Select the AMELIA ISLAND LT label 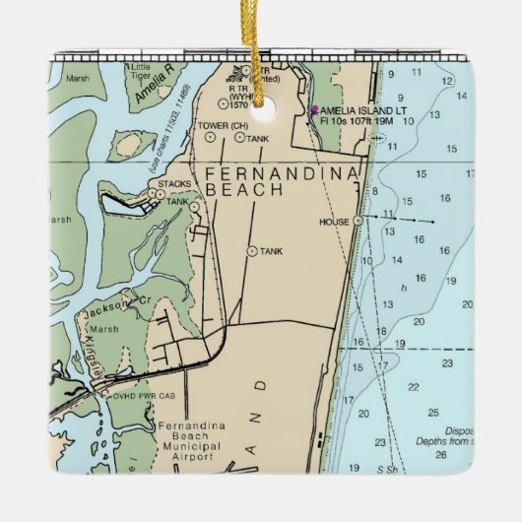[362, 110]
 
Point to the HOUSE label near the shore [334, 222]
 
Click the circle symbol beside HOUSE [359, 220]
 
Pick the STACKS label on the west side [174, 184]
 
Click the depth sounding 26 [441, 455]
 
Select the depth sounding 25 [433, 412]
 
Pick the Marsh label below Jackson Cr [103, 330]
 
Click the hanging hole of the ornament [261, 98]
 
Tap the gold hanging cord [263, 39]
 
